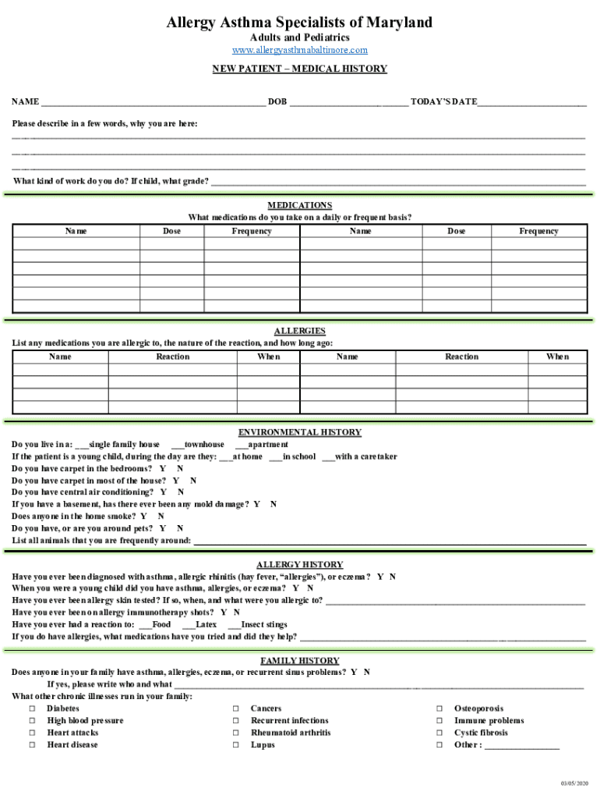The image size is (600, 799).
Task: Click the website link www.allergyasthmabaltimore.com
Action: pos(300,50)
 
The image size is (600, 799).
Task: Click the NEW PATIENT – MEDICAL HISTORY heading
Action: pos(300,69)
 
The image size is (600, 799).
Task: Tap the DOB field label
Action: pos(277,102)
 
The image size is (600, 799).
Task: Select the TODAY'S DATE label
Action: pos(443,102)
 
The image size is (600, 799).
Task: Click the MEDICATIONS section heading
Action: pos(300,205)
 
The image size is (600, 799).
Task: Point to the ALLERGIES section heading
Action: pos(300,331)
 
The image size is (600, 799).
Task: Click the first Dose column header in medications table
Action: pos(171,231)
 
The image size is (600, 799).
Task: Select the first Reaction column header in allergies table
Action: pos(172,357)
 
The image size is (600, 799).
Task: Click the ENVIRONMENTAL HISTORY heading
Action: pos(300,432)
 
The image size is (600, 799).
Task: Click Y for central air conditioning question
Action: pos(164,492)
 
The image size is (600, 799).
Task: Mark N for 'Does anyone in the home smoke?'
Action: pos(161,516)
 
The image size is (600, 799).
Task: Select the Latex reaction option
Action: pos(188,624)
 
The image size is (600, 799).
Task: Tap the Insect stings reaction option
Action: pos(234,624)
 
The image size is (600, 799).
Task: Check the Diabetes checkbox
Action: pos(33,708)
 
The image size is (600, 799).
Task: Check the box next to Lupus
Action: pos(235,745)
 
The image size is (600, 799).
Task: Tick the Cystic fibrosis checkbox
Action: pos(439,733)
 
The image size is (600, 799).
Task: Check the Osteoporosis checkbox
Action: pos(439,708)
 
